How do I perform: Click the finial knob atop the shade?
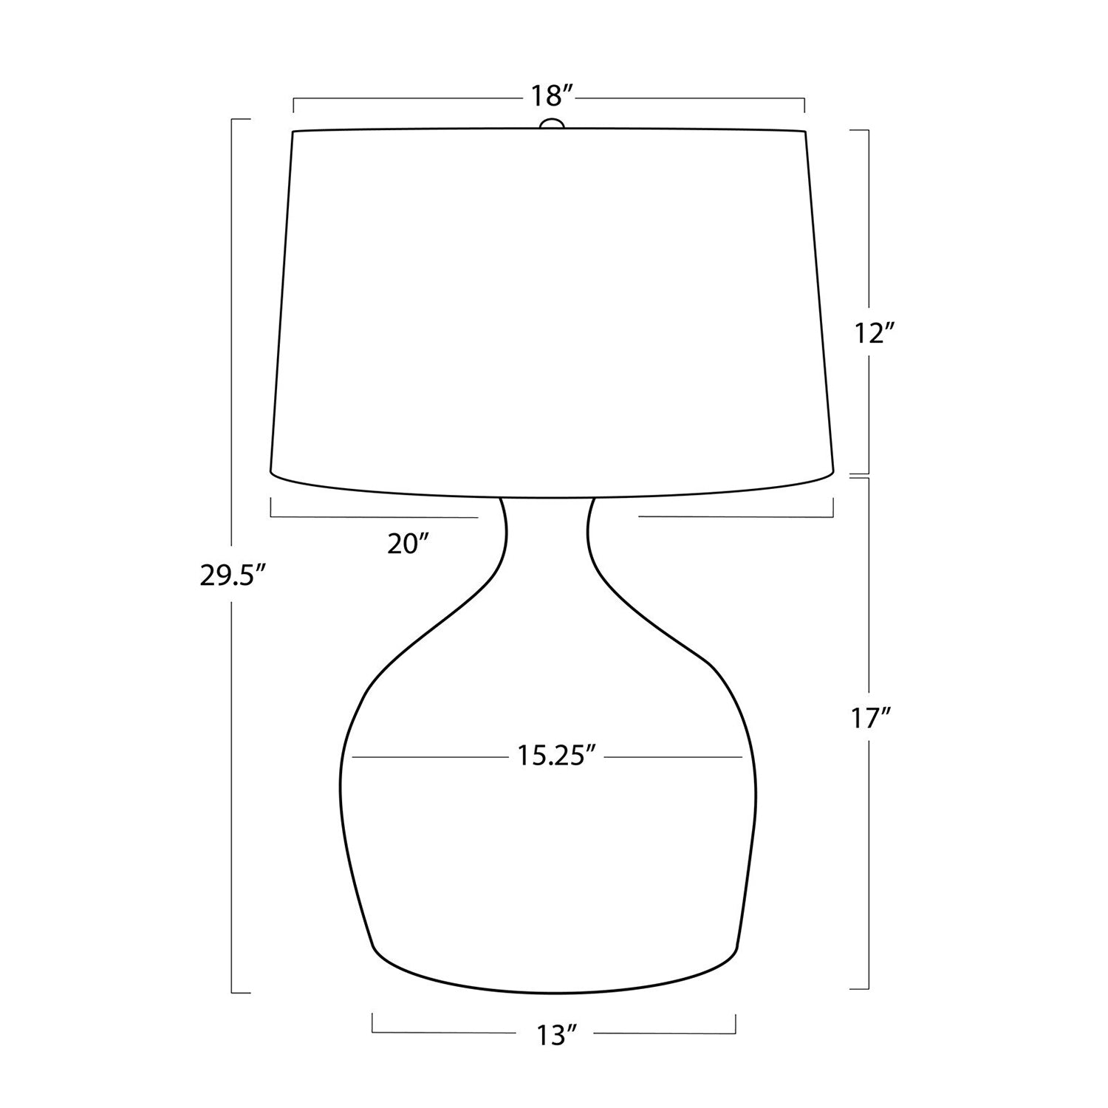point(552,124)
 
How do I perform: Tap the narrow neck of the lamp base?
point(547,532)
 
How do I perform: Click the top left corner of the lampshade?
point(293,132)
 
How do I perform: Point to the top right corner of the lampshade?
point(804,131)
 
